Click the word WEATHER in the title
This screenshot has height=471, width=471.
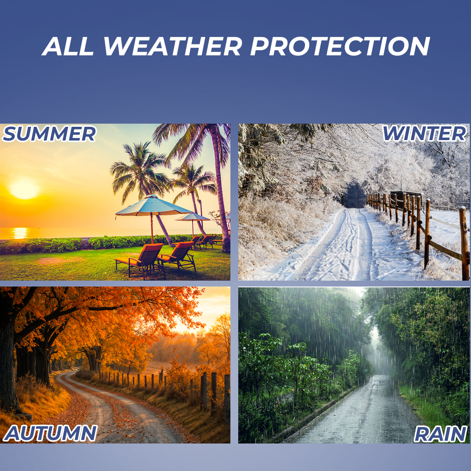point(173,46)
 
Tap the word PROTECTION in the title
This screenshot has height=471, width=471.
point(340,46)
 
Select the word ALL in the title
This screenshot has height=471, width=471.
point(68,46)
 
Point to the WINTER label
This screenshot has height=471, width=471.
point(424,134)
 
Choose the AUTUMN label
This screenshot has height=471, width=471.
point(50,433)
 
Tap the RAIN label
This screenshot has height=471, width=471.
point(440,434)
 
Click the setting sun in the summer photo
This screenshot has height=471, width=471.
point(24,188)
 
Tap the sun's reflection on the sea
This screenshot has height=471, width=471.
point(20,233)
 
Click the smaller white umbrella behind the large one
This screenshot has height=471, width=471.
point(193,217)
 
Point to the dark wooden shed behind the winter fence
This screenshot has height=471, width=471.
point(406,200)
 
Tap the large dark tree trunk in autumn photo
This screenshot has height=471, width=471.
point(10,367)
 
